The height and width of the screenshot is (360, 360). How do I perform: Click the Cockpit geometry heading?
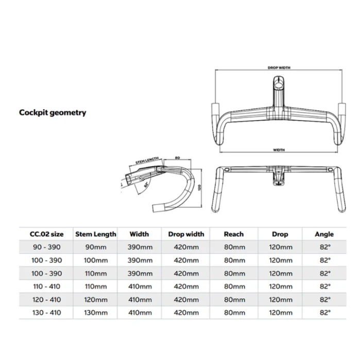pyautogui.click(x=53, y=113)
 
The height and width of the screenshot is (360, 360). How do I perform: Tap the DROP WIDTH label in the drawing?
pyautogui.click(x=279, y=68)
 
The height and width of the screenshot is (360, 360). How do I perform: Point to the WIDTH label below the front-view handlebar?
pyautogui.click(x=279, y=150)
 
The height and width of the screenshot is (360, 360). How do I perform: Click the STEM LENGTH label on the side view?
pyautogui.click(x=147, y=160)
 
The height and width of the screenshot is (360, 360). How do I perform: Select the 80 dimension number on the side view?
pyautogui.click(x=177, y=158)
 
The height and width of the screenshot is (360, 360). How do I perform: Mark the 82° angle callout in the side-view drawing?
pyautogui.click(x=146, y=185)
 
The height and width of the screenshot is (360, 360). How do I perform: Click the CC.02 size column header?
pyautogui.click(x=46, y=234)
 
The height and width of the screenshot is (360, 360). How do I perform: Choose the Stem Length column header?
pyautogui.click(x=96, y=234)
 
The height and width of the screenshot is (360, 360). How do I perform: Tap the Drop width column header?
pyautogui.click(x=186, y=234)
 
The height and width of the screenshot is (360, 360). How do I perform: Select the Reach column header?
pyautogui.click(x=234, y=234)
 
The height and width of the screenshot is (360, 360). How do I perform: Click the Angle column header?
pyautogui.click(x=324, y=234)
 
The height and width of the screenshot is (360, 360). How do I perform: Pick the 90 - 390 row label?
pyautogui.click(x=46, y=247)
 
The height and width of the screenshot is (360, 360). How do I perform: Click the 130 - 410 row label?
pyautogui.click(x=46, y=313)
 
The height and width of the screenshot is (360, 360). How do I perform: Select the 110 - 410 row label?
pyautogui.click(x=46, y=286)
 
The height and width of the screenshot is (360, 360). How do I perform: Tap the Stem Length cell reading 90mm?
pyautogui.click(x=96, y=247)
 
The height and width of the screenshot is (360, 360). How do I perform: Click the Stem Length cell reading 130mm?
pyautogui.click(x=96, y=313)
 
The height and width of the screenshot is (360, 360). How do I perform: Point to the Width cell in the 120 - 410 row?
pyautogui.click(x=140, y=300)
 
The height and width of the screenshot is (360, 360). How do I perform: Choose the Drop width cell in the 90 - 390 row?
pyautogui.click(x=186, y=247)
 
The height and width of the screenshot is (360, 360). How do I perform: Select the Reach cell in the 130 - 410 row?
pyautogui.click(x=234, y=313)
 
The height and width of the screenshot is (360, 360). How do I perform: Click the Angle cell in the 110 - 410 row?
pyautogui.click(x=325, y=286)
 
